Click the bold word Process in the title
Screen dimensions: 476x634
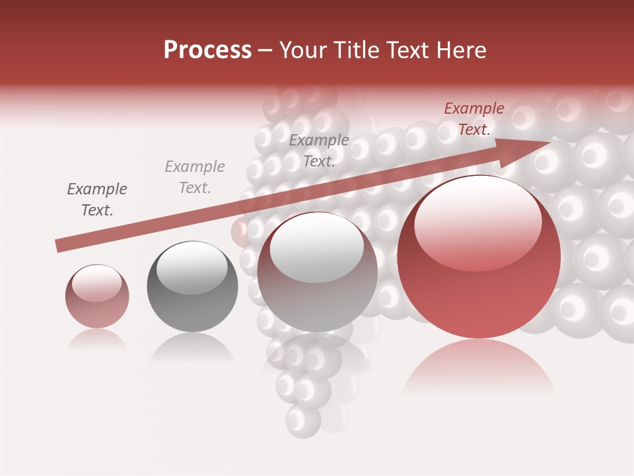[x=207, y=50]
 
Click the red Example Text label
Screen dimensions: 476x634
[x=474, y=119]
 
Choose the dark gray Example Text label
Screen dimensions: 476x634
[x=97, y=200]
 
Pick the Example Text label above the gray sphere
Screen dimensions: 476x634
[x=195, y=177]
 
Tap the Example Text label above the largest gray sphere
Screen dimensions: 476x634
[x=319, y=151]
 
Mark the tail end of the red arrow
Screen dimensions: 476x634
[x=59, y=245]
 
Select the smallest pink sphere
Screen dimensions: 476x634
[x=97, y=296]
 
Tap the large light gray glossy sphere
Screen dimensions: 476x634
[x=317, y=272]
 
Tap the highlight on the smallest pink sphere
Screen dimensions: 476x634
[x=97, y=283]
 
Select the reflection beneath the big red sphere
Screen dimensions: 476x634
[x=479, y=367]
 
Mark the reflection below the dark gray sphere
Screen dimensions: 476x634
[x=192, y=348]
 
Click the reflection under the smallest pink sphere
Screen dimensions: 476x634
[x=97, y=339]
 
